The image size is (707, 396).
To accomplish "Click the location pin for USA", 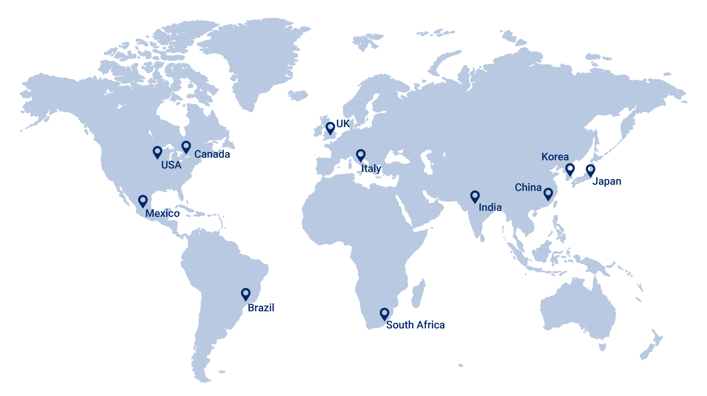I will point(157,152).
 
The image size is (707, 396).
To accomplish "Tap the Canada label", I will point(212,154).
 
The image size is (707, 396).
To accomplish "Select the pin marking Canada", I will point(186,147).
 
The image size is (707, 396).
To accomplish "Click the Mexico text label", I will point(162,213).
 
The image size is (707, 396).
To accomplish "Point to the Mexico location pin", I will point(143,201).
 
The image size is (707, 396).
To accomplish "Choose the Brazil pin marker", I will point(246,294).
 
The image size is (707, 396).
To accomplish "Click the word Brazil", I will point(261,308).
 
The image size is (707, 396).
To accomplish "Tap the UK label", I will point(343,124).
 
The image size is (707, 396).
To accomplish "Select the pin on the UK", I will point(330,128).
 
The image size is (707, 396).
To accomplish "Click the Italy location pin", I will point(361,155).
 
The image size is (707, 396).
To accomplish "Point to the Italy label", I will point(371,168).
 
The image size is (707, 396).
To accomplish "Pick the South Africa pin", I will point(384,314).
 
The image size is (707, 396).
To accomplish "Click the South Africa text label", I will point(415,325).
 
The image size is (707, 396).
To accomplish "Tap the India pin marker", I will point(475,196).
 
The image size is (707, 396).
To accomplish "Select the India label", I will point(490,207).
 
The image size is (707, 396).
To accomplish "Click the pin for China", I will point(548,194).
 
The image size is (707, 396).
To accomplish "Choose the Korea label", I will point(555,157).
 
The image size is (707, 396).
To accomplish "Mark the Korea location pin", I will point(570,170).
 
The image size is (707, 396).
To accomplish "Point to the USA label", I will point(171,165).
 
